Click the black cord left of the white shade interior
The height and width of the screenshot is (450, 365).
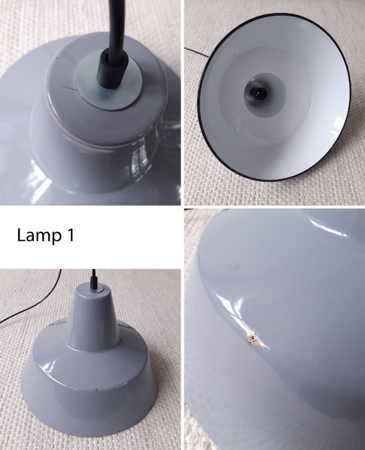(x=192, y=49)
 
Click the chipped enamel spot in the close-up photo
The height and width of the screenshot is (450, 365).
(x=251, y=338)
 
